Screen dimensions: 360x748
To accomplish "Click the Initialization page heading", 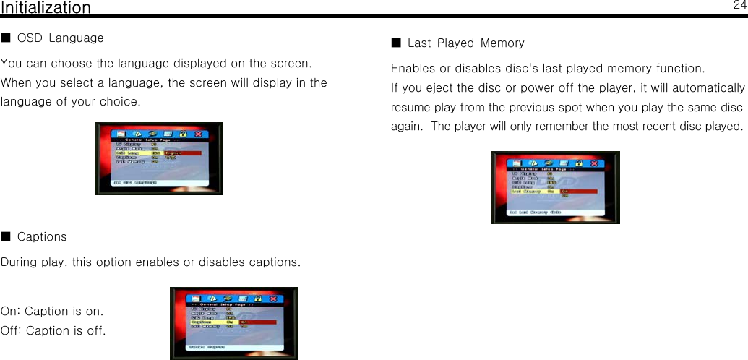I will click(x=46, y=8).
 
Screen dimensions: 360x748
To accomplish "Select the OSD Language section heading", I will click(x=60, y=38).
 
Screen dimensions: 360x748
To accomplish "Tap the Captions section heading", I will click(x=42, y=237).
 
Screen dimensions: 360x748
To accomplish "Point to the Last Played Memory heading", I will click(x=466, y=43).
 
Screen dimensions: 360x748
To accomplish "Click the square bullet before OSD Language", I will click(x=6, y=37).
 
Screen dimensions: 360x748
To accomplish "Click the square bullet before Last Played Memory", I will click(x=395, y=43).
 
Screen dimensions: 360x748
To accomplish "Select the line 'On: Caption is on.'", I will click(x=52, y=312).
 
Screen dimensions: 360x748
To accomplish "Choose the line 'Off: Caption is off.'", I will click(x=53, y=331).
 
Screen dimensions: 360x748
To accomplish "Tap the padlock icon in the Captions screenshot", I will click(x=257, y=298).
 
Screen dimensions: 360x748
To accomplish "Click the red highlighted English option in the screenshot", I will click(x=181, y=153).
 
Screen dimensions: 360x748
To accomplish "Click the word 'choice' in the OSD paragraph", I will click(x=120, y=101).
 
